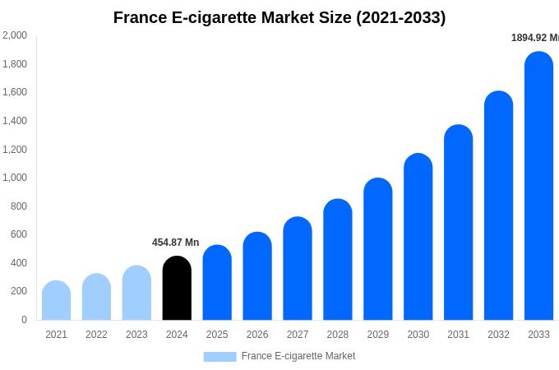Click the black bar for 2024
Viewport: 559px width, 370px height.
tap(177, 289)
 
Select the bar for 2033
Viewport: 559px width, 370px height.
tap(538, 187)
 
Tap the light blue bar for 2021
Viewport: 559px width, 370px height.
tap(56, 301)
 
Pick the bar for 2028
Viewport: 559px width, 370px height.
tap(338, 260)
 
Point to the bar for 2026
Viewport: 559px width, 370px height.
tap(257, 276)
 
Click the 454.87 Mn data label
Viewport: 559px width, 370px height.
tap(175, 243)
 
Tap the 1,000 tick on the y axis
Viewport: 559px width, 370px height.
tap(14, 178)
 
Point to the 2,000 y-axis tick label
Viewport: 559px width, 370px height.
tap(14, 35)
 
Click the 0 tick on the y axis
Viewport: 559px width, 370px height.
tap(24, 320)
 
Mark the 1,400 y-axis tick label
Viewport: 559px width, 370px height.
tap(14, 121)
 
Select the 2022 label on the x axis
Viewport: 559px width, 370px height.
tap(96, 335)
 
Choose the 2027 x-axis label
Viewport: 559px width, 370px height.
tap(298, 335)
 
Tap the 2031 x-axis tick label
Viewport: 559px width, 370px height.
tap(458, 335)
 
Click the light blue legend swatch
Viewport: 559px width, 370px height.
tap(219, 357)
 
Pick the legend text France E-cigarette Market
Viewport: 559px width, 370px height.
tap(298, 356)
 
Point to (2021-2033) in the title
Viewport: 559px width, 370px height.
tap(400, 17)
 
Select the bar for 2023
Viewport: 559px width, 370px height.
tap(136, 294)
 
